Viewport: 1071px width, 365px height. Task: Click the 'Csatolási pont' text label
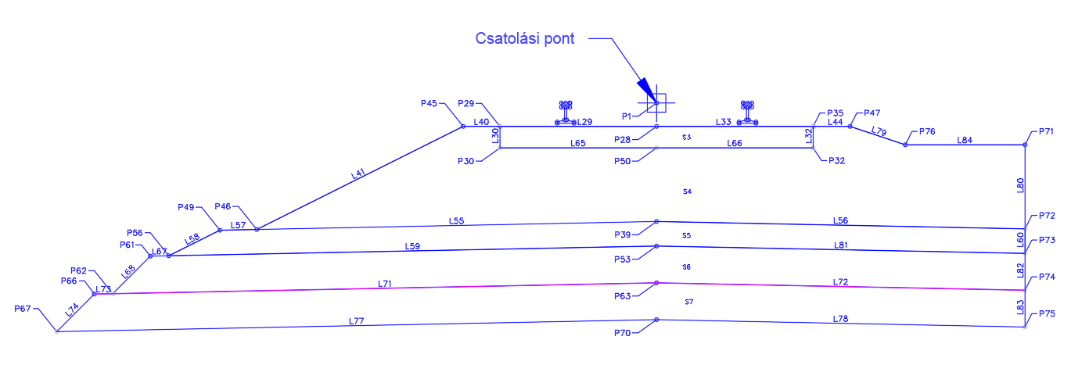[x=525, y=39]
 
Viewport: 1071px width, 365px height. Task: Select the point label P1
[x=627, y=116]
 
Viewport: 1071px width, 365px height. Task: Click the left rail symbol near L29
[x=566, y=112]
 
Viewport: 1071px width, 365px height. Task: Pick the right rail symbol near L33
[x=749, y=112]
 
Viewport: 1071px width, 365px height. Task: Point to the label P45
[x=429, y=103]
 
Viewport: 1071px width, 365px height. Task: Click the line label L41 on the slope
[x=358, y=174]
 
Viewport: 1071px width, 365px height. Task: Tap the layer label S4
[x=687, y=191]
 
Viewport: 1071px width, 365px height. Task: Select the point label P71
[x=1047, y=133]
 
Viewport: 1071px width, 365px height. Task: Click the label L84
[x=965, y=140]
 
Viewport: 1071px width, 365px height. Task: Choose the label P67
[x=23, y=309]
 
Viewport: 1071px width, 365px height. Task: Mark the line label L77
[x=357, y=320]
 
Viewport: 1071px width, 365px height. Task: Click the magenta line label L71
[x=384, y=284]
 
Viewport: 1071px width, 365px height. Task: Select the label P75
[x=1047, y=313]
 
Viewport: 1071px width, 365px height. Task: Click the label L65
[x=577, y=143]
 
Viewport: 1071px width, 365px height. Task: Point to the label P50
[x=623, y=160]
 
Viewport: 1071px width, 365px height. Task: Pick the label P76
[x=927, y=131]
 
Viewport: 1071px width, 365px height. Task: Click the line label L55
[x=456, y=220]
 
